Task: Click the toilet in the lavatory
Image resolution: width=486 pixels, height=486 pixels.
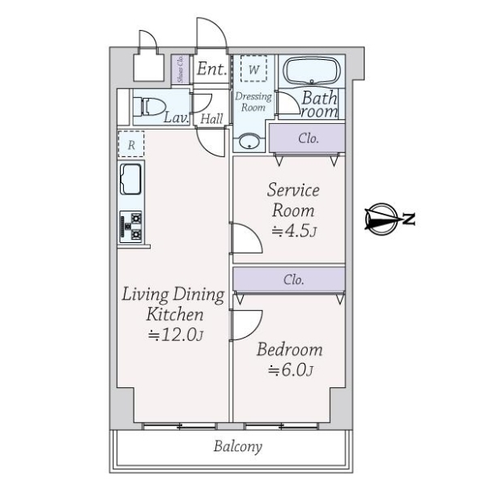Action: click(x=149, y=107)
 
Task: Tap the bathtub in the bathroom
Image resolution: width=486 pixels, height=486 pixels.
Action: click(x=312, y=71)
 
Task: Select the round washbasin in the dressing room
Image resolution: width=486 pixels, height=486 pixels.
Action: click(x=249, y=141)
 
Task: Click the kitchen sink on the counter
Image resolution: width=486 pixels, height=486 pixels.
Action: click(x=130, y=179)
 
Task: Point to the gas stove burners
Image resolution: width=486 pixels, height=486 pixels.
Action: click(x=130, y=227)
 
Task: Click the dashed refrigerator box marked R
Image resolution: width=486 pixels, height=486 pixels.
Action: click(x=131, y=144)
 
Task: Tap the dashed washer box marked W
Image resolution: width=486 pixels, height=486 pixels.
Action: click(x=254, y=69)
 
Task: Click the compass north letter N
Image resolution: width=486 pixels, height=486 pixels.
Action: click(x=409, y=220)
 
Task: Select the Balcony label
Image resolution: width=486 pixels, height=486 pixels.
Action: click(x=237, y=446)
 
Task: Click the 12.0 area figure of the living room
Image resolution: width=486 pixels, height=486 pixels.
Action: click(x=176, y=335)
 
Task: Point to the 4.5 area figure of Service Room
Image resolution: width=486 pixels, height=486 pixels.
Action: click(x=294, y=231)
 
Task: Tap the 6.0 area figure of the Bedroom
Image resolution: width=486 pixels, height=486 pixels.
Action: click(x=291, y=370)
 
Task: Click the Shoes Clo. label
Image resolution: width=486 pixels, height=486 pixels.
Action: click(x=181, y=69)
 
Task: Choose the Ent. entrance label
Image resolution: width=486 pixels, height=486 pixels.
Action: click(x=212, y=69)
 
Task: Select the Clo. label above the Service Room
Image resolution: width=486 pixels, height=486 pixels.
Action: click(x=309, y=139)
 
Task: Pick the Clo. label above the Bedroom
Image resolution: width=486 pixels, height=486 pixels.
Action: click(x=293, y=279)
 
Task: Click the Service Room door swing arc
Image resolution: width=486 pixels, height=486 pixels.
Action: click(x=255, y=233)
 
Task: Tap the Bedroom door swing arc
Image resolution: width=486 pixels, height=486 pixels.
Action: click(x=255, y=329)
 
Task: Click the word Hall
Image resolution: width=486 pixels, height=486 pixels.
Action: click(x=211, y=119)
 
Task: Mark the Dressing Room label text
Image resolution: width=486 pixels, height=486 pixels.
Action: click(x=254, y=102)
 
